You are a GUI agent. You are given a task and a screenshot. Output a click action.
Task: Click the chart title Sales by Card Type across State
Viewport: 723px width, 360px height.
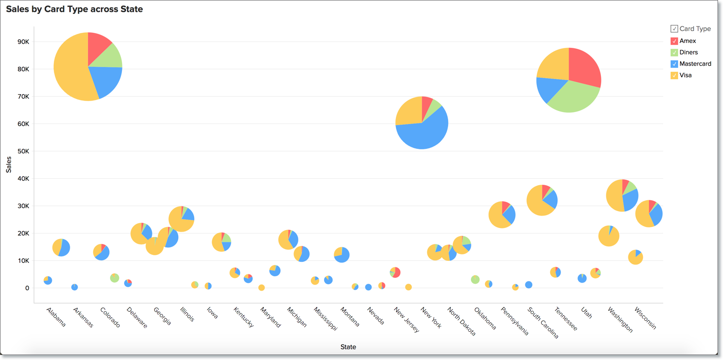(74, 9)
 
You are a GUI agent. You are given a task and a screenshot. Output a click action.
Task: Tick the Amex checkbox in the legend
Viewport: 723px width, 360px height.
(674, 41)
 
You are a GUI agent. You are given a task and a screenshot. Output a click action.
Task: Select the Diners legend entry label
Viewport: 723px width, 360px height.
(689, 52)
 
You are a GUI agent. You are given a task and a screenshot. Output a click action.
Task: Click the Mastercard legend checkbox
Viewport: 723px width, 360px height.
(674, 64)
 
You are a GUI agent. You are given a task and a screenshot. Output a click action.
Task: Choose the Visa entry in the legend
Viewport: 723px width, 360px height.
(686, 75)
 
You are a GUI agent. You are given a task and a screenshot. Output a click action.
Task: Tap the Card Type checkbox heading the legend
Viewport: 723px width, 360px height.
(674, 29)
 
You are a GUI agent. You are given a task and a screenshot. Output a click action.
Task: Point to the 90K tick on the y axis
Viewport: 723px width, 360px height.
(23, 42)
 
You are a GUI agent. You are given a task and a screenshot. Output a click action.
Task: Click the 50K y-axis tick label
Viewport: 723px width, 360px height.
(23, 151)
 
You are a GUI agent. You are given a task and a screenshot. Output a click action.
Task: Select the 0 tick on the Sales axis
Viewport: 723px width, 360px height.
(27, 288)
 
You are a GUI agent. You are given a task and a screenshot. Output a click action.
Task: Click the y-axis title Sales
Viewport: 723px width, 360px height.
(8, 165)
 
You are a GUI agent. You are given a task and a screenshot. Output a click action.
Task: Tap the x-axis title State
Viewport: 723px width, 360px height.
(348, 347)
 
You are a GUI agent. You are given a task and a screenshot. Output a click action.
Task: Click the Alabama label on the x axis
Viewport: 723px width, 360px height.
(56, 317)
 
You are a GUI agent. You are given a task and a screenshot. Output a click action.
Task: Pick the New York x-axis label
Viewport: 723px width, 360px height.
(431, 319)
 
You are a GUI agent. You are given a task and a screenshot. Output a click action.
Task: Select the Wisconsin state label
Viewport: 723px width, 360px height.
(645, 318)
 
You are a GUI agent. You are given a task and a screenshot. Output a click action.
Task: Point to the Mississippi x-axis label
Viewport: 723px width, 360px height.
(325, 319)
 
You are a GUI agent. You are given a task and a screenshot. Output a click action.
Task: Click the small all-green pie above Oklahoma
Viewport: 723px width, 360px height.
(475, 279)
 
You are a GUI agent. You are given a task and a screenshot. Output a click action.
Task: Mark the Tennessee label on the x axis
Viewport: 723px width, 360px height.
(566, 319)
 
